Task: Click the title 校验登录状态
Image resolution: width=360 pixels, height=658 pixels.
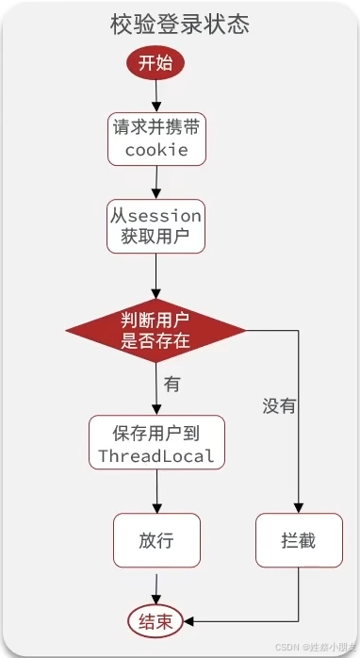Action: pos(180,25)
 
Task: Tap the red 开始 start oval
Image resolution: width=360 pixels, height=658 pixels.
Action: pos(155,64)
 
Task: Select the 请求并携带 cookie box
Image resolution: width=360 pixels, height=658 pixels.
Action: pos(155,140)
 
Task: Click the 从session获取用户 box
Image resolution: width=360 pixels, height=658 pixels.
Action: pos(155,226)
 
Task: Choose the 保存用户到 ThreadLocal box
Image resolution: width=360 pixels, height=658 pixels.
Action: pos(156,444)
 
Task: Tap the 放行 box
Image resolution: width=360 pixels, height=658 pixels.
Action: pos(156,540)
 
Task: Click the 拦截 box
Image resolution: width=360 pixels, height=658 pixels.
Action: pos(298,540)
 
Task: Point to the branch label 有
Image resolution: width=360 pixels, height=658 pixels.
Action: pos(172,385)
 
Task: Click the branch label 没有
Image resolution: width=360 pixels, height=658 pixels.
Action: pos(279,406)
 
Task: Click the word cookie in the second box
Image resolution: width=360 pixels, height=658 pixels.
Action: pos(155,150)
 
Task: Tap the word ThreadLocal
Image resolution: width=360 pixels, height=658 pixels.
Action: pos(156,456)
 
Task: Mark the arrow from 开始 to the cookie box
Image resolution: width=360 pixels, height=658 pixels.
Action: pos(155,97)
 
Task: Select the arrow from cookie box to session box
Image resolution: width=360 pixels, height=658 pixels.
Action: pos(155,183)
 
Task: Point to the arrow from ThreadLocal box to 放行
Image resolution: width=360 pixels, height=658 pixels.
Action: pos(156,492)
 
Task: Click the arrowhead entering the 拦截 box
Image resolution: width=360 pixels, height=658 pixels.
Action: pos(298,508)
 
